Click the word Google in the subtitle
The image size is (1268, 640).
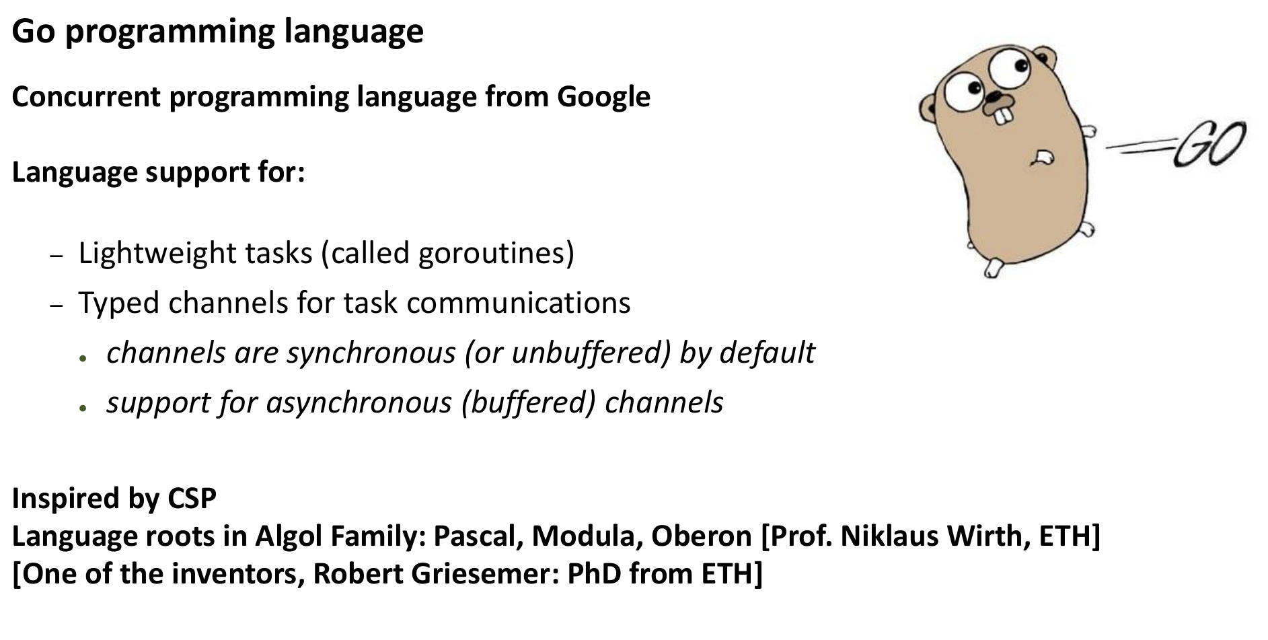tap(603, 98)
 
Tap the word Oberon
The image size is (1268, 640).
tap(701, 536)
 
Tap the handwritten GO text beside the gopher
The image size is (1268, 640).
tap(1209, 145)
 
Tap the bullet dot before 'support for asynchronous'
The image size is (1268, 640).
tap(83, 408)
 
